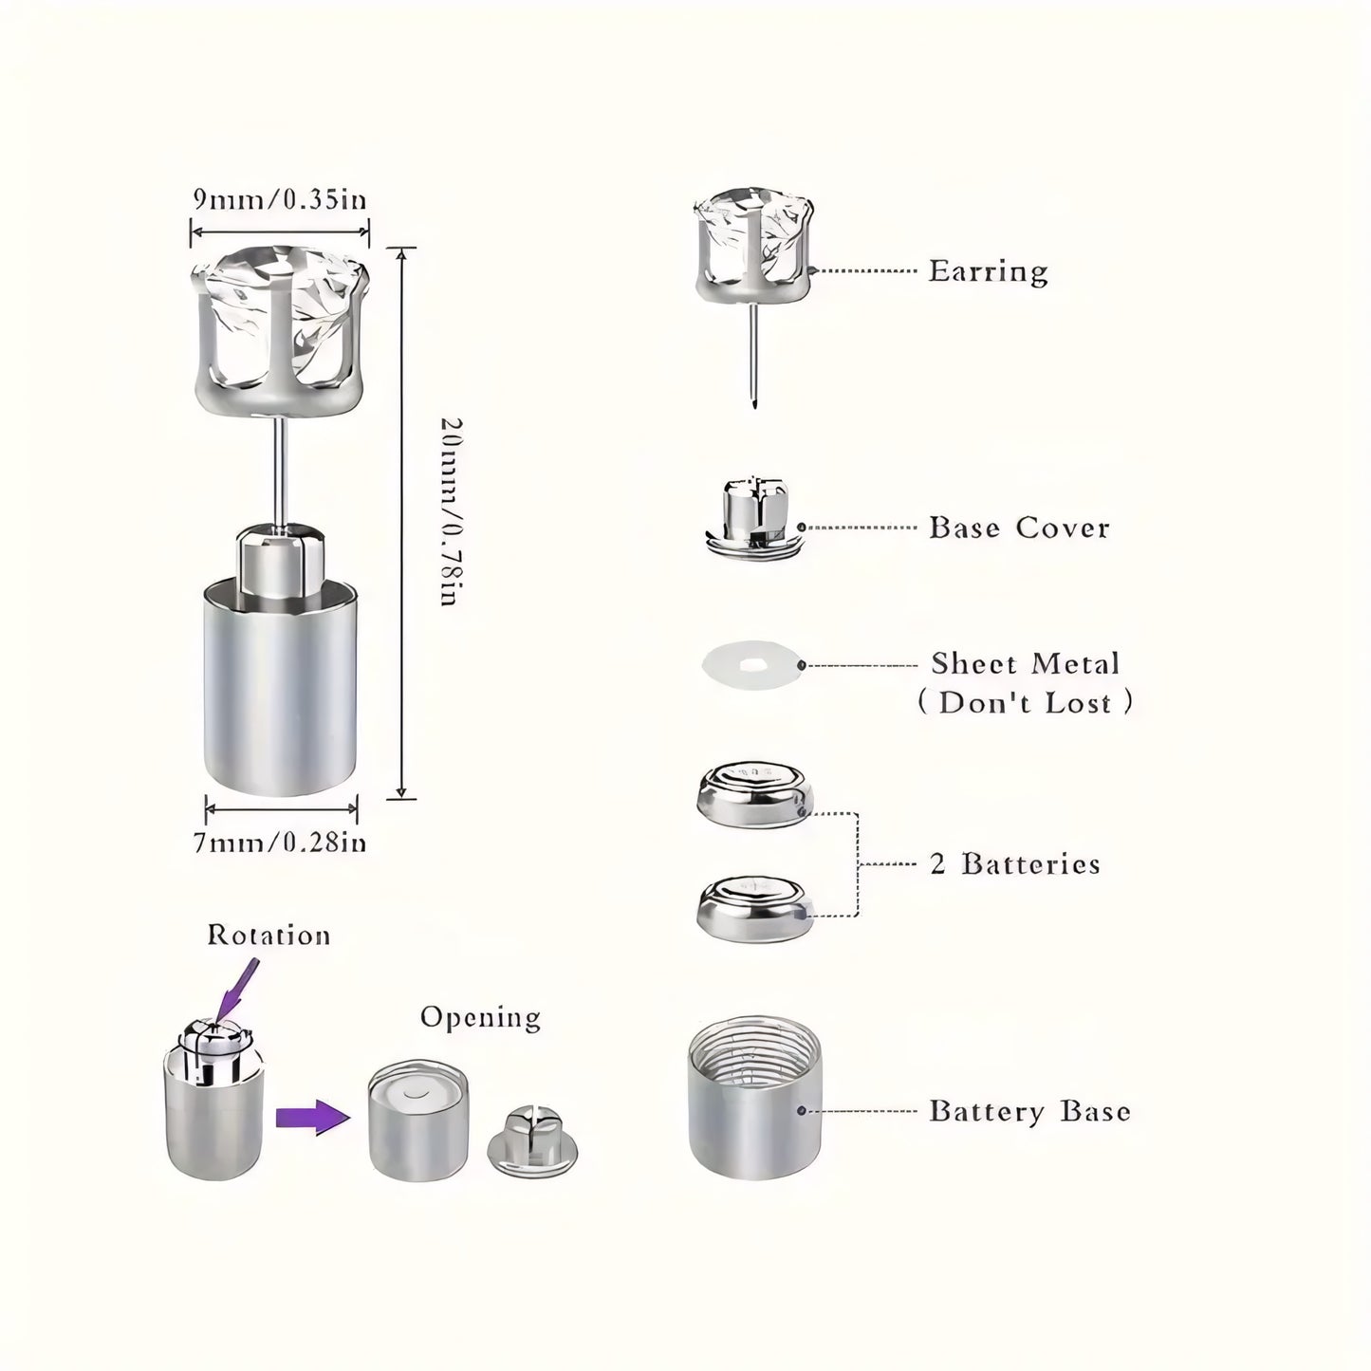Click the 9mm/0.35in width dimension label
click(x=280, y=199)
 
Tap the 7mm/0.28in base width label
click(x=280, y=843)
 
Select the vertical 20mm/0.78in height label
click(x=451, y=512)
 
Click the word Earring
click(x=988, y=271)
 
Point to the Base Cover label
click(x=1019, y=528)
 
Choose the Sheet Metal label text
click(x=1026, y=663)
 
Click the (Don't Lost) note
click(x=1025, y=702)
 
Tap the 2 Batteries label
click(x=1015, y=863)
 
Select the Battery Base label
click(x=1029, y=1111)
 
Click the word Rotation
click(x=269, y=935)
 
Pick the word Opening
click(x=480, y=1017)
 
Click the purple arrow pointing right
click(x=312, y=1117)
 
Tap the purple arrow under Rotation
click(x=237, y=990)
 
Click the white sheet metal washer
click(x=752, y=665)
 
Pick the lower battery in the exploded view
click(x=754, y=909)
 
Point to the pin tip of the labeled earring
click(x=753, y=407)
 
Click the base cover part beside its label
click(x=754, y=519)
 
